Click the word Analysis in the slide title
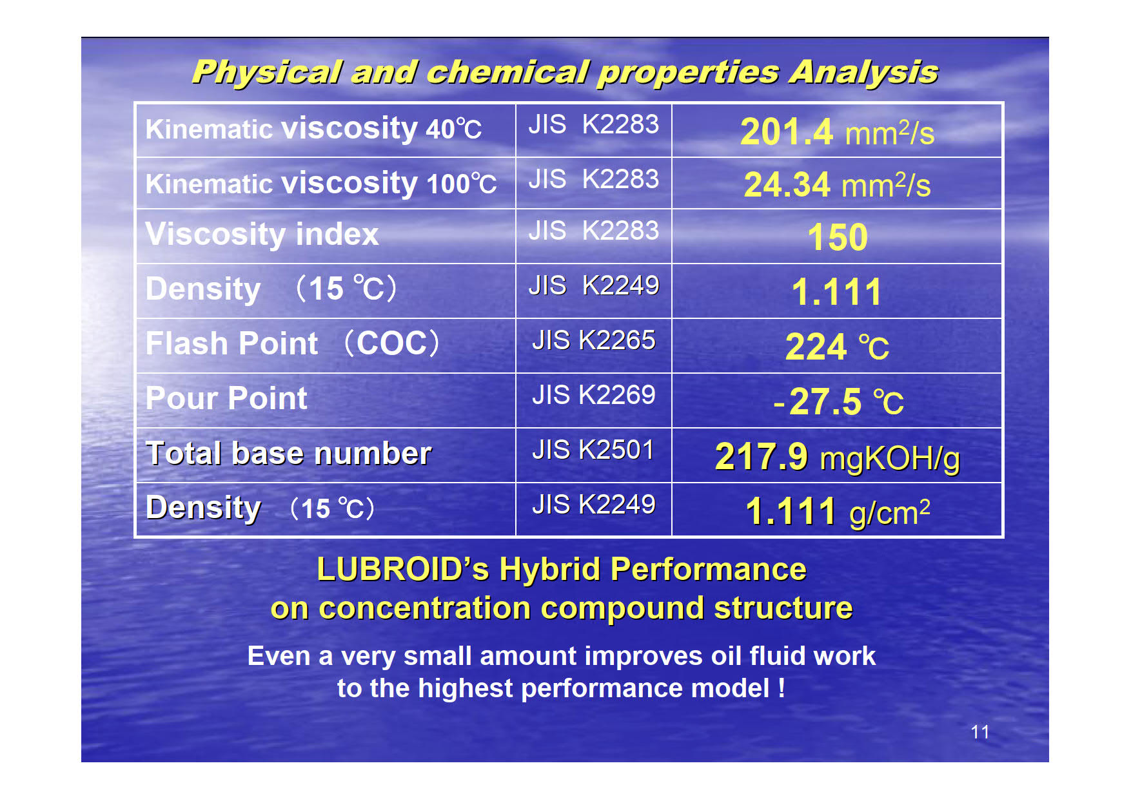(864, 72)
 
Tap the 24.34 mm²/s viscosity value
(837, 185)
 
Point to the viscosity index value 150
(838, 237)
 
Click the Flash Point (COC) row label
(292, 343)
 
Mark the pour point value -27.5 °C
(838, 402)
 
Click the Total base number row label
(288, 453)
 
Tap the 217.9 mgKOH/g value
(838, 457)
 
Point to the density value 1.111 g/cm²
(838, 512)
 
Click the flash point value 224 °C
(837, 347)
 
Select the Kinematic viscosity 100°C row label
(321, 183)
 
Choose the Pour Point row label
(226, 398)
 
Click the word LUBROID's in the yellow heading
(403, 570)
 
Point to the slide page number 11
(980, 732)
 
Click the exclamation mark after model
(782, 688)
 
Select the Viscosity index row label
(262, 234)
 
